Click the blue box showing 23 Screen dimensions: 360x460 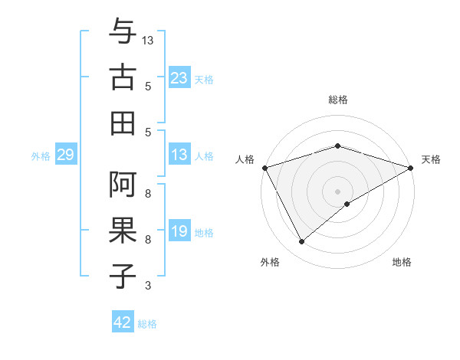pos(179,77)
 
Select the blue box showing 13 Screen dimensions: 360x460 pos(179,155)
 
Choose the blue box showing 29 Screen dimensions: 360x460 pos(65,155)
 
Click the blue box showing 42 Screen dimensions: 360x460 pos(123,322)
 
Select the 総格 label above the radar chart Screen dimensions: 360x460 pos(337,100)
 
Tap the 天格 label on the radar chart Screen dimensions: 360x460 pos(431,159)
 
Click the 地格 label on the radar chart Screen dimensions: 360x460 pos(402,262)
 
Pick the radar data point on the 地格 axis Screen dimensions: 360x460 pos(347,204)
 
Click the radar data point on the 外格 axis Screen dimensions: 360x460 pos(301,241)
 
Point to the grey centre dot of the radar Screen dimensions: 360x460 pos(337,191)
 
